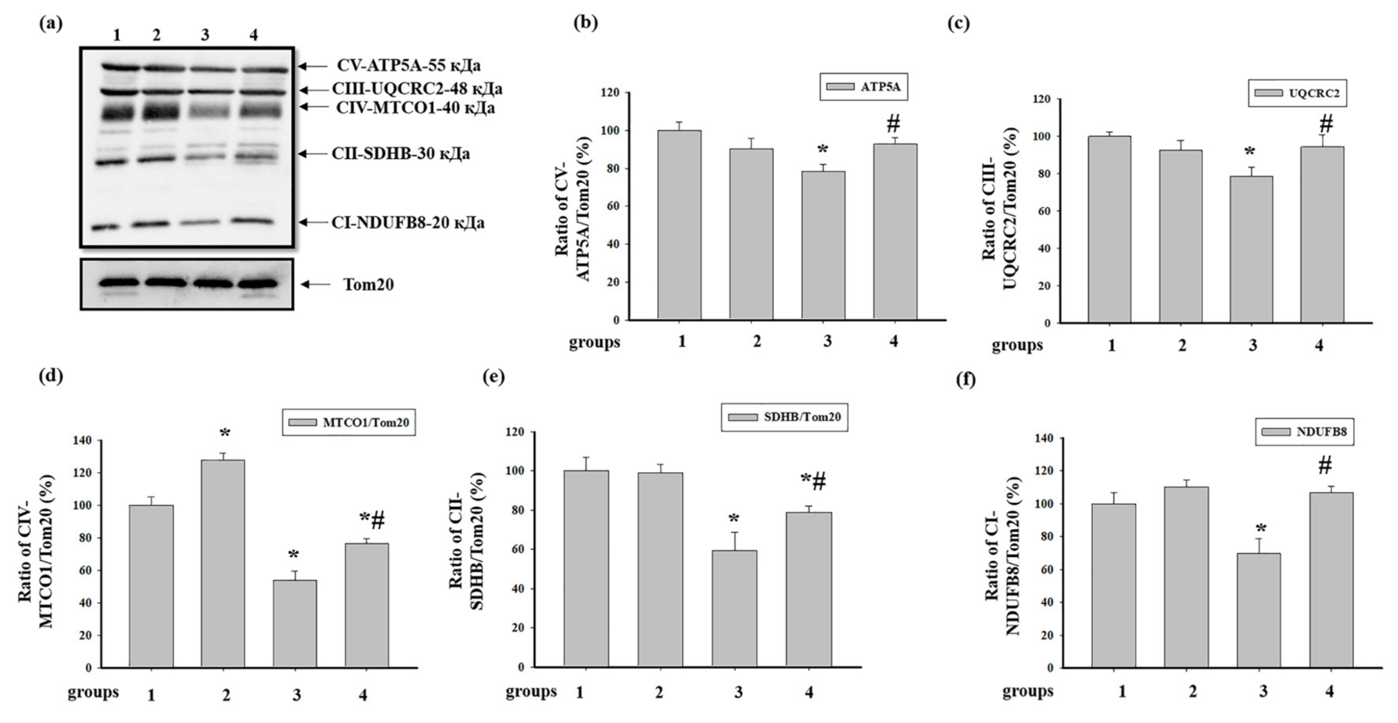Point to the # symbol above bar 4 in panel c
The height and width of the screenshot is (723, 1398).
1326,124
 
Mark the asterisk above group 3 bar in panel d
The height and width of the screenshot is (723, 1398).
294,555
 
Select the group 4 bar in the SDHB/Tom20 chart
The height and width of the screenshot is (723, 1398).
809,590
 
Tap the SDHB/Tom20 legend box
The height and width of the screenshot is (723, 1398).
784,417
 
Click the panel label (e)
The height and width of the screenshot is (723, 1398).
493,377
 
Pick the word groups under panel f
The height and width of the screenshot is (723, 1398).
1027,691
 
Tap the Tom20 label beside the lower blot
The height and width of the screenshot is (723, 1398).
368,284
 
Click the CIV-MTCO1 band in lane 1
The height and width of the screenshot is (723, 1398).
116,114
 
